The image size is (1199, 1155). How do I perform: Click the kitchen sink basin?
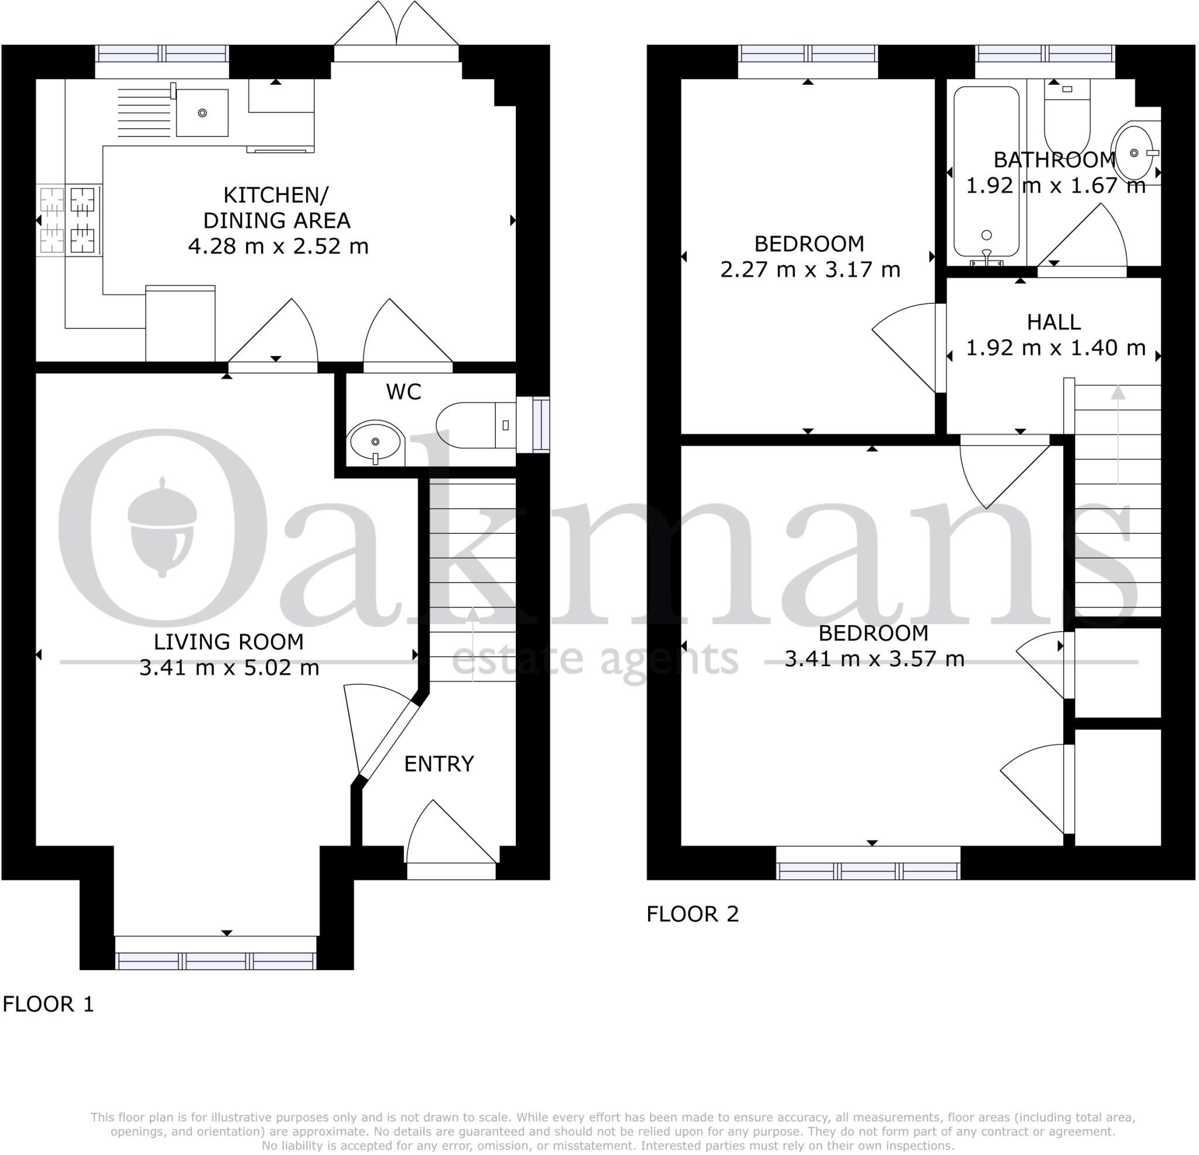pyautogui.click(x=202, y=113)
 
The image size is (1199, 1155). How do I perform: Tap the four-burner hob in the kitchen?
pyautogui.click(x=68, y=220)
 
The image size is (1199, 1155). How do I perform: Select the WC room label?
pyautogui.click(x=404, y=392)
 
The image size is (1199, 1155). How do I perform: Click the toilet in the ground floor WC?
pyautogui.click(x=474, y=425)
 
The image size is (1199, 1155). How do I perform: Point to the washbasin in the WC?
pyautogui.click(x=375, y=443)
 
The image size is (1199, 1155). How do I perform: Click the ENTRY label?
pyautogui.click(x=439, y=764)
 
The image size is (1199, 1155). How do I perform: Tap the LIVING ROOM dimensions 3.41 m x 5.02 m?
pyautogui.click(x=229, y=667)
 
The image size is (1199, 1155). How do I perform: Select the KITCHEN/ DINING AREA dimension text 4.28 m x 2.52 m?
pyautogui.click(x=278, y=246)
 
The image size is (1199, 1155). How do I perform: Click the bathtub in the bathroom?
pyautogui.click(x=986, y=172)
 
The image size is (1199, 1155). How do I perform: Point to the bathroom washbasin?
pyautogui.click(x=1135, y=152)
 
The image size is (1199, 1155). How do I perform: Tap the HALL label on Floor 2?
pyautogui.click(x=1053, y=323)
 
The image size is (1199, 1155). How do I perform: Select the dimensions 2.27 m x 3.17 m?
pyautogui.click(x=810, y=270)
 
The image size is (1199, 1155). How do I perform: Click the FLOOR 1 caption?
pyautogui.click(x=49, y=1004)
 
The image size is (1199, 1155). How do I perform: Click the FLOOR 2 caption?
pyautogui.click(x=693, y=914)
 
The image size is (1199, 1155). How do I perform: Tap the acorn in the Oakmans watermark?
pyautogui.click(x=163, y=527)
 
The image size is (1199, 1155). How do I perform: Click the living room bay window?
pyautogui.click(x=216, y=961)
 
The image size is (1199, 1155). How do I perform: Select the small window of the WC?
pyautogui.click(x=541, y=425)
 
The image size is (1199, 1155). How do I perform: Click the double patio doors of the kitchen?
pyautogui.click(x=396, y=30)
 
